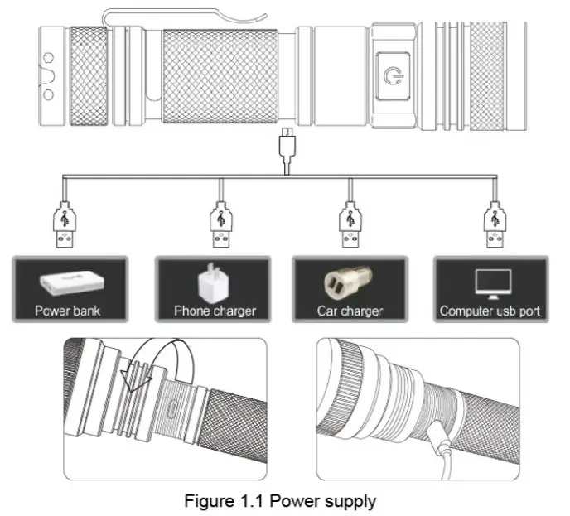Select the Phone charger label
(215, 312)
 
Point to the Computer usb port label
(490, 312)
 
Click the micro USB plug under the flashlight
(286, 152)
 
